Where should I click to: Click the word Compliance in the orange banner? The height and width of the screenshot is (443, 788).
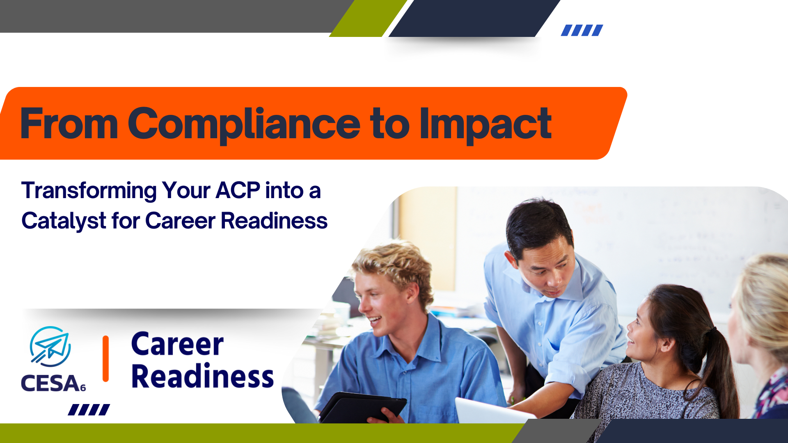[244, 124]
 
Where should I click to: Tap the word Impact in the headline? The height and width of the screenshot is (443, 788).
[485, 124]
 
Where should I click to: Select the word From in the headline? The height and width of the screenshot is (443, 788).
[69, 123]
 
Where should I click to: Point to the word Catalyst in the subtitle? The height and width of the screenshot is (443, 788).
[64, 221]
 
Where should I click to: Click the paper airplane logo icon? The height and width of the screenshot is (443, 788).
[50, 347]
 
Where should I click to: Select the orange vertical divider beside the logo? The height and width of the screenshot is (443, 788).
[105, 359]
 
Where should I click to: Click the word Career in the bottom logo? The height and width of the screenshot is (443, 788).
[177, 344]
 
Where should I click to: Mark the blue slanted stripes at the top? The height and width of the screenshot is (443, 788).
[582, 30]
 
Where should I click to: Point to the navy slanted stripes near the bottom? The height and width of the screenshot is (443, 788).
[89, 410]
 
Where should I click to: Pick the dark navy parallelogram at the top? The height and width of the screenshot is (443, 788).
[474, 18]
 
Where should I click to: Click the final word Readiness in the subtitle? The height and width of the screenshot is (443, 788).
[274, 221]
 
